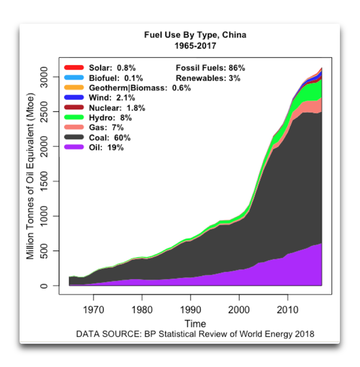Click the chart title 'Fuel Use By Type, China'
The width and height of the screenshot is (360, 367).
click(x=195, y=35)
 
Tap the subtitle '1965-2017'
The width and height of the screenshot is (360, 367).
click(x=195, y=46)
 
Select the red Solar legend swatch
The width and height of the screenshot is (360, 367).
click(x=74, y=68)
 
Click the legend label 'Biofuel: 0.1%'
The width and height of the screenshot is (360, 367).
click(x=112, y=78)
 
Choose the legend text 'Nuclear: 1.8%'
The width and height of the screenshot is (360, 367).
click(x=117, y=108)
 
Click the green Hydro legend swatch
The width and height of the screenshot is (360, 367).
click(x=74, y=118)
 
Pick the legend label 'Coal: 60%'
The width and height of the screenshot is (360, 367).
click(x=109, y=138)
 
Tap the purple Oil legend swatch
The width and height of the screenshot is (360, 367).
click(x=74, y=148)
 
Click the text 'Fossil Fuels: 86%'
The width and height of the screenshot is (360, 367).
click(x=210, y=68)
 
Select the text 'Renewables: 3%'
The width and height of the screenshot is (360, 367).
click(x=208, y=78)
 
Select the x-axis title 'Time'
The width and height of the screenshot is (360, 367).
click(x=195, y=323)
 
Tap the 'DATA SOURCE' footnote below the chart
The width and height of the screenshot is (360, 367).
click(x=195, y=334)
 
